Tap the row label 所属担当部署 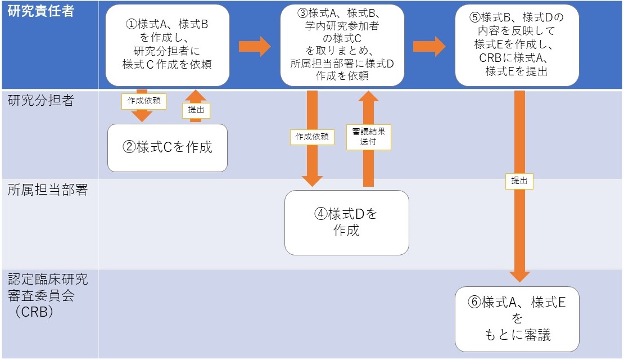(x=48, y=190)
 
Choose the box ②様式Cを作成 (x=168, y=147)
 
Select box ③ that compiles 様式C (x=342, y=45)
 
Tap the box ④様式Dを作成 (x=346, y=222)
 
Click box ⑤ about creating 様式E (x=517, y=45)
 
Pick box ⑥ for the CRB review (x=517, y=318)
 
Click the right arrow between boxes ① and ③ (x=254, y=46)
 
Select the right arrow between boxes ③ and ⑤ (x=429, y=46)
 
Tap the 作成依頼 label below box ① (x=141, y=101)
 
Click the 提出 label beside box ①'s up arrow (x=196, y=111)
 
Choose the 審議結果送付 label (x=368, y=137)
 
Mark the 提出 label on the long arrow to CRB (x=519, y=181)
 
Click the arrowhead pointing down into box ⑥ (x=519, y=276)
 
